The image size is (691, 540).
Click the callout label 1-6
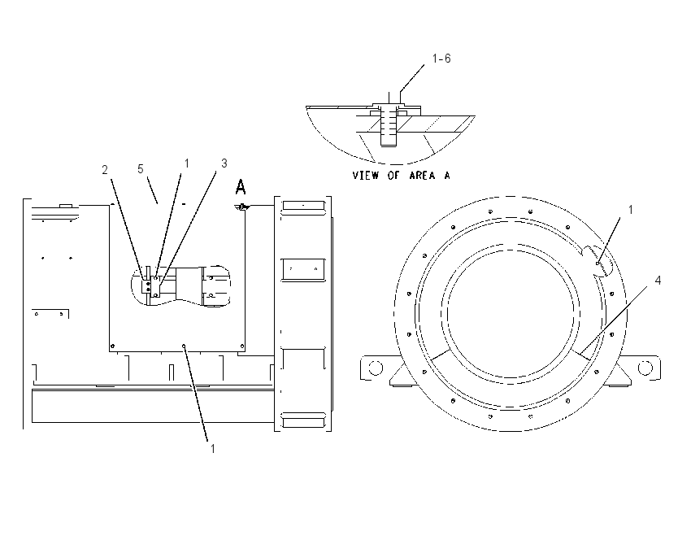(x=441, y=59)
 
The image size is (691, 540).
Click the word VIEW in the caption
(x=365, y=176)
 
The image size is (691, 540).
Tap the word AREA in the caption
(x=422, y=176)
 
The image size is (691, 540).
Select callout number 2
(x=105, y=170)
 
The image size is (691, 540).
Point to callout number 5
(x=141, y=169)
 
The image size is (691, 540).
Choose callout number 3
(x=224, y=163)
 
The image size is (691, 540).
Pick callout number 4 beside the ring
(x=658, y=281)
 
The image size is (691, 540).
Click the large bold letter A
(x=240, y=187)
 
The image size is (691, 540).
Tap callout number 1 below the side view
(x=213, y=449)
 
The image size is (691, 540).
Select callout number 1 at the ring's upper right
(x=631, y=210)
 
